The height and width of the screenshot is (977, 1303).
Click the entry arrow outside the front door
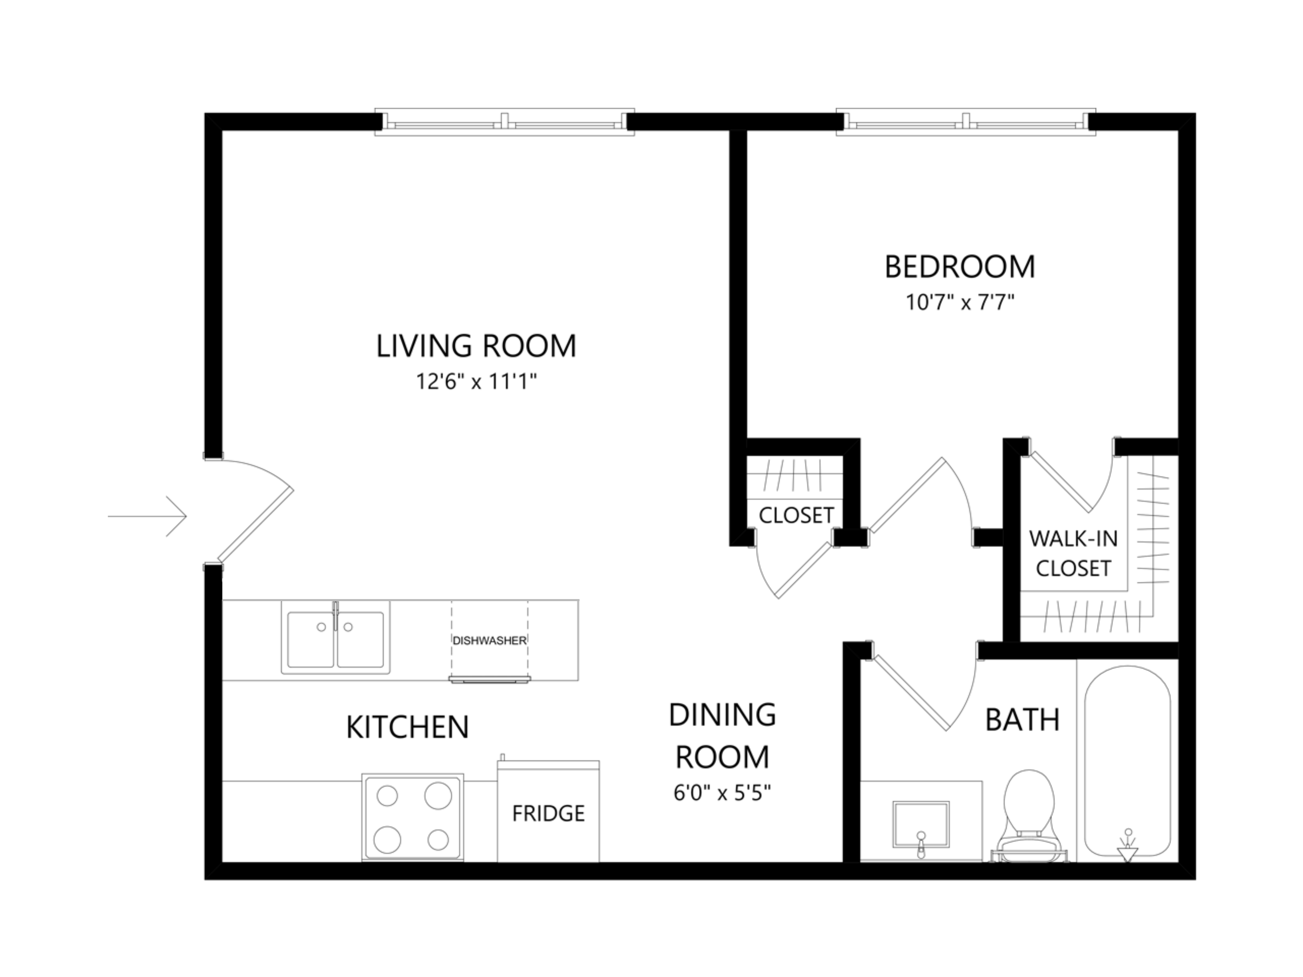pyautogui.click(x=147, y=516)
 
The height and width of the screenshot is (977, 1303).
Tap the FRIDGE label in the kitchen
pyautogui.click(x=548, y=813)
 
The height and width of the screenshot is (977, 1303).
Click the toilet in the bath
pyautogui.click(x=1028, y=813)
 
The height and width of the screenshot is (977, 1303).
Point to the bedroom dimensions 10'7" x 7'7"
pyautogui.click(x=960, y=303)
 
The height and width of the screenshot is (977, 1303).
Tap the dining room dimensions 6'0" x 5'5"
pyautogui.click(x=722, y=793)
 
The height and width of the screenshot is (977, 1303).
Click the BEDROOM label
pyautogui.click(x=960, y=267)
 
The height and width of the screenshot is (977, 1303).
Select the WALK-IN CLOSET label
pyautogui.click(x=1073, y=554)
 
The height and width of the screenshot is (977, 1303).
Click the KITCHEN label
pyautogui.click(x=407, y=727)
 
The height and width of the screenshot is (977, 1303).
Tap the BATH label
pyautogui.click(x=1022, y=720)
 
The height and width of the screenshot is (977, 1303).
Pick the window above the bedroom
pyautogui.click(x=965, y=122)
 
